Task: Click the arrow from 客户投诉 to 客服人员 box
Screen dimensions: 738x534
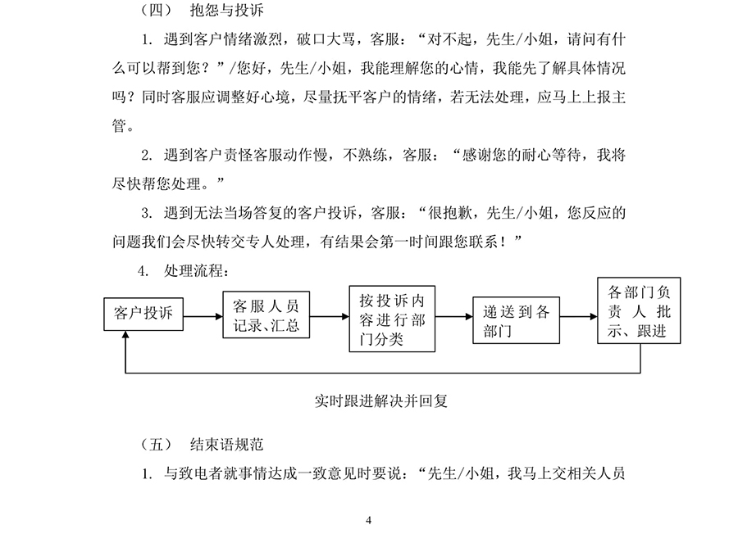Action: click(203, 316)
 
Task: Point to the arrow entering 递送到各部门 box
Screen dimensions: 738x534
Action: click(454, 316)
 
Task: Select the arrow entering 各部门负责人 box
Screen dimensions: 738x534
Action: click(578, 316)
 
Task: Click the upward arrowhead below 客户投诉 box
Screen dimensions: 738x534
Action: click(125, 334)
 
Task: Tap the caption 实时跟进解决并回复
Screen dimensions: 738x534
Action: click(381, 401)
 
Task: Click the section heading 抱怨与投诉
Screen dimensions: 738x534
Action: click(227, 10)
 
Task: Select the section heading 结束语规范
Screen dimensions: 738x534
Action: click(227, 444)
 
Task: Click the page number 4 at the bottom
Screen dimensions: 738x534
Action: click(368, 520)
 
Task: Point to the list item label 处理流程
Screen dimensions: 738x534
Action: click(194, 271)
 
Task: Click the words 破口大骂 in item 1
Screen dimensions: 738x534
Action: click(326, 39)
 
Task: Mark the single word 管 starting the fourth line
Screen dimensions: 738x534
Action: click(119, 125)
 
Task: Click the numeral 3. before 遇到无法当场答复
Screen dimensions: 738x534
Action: click(147, 214)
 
